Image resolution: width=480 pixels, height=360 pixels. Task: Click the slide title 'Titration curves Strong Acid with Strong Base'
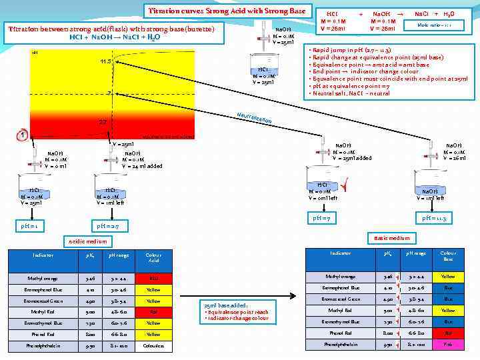click(227, 11)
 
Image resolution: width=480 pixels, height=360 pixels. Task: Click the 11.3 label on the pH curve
click(105, 62)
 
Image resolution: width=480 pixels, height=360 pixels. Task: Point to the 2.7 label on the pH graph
click(103, 123)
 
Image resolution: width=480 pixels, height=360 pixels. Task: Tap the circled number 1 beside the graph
click(23, 135)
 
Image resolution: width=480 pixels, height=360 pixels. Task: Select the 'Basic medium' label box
click(391, 238)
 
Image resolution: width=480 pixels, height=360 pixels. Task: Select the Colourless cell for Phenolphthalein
click(153, 346)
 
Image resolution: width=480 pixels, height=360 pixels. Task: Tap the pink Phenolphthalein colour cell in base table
click(448, 345)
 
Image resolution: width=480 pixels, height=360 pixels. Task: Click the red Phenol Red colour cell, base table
click(448, 333)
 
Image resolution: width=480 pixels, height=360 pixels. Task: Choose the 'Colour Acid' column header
click(153, 258)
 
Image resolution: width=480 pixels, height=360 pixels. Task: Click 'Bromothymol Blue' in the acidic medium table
click(42, 323)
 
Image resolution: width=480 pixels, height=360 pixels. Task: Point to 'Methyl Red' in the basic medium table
click(340, 310)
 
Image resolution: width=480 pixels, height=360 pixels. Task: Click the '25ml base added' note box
click(236, 311)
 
